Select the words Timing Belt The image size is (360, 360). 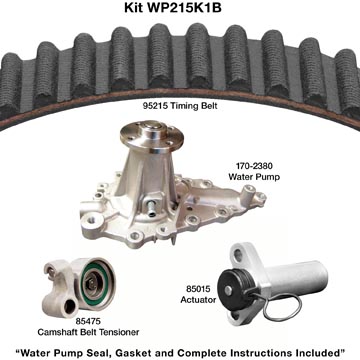click(193, 106)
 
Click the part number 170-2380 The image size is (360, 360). click(254, 166)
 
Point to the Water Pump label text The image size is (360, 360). click(254, 177)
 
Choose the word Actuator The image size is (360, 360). click(198, 300)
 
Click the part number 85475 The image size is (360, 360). click(88, 322)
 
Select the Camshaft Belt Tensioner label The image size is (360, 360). click(88, 332)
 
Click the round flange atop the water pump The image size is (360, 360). click(152, 134)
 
